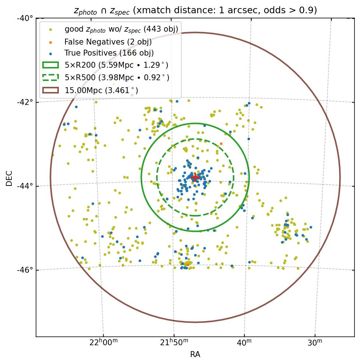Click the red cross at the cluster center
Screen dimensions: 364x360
pyautogui.click(x=195, y=177)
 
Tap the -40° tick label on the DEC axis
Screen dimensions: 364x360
pyautogui.click(x=25, y=18)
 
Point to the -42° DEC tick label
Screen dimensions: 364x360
pyautogui.click(x=25, y=102)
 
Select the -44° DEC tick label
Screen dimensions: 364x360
pyautogui.click(x=25, y=186)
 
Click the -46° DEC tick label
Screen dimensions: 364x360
pyautogui.click(x=25, y=270)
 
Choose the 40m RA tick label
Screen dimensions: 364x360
pyautogui.click(x=244, y=343)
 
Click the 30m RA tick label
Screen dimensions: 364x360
pyautogui.click(x=315, y=343)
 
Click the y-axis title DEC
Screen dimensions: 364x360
pyautogui.click(x=9, y=178)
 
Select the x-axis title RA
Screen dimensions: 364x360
pyautogui.click(x=195, y=354)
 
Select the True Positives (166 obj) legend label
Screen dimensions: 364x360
pyautogui.click(x=109, y=53)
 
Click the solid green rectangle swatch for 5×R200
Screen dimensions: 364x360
pyautogui.click(x=50, y=65)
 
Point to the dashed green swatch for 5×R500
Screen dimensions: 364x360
pyautogui.click(x=50, y=78)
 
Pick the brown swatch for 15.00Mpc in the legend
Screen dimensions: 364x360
pyautogui.click(x=50, y=90)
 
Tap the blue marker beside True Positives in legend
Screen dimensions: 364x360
pyautogui.click(x=51, y=53)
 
